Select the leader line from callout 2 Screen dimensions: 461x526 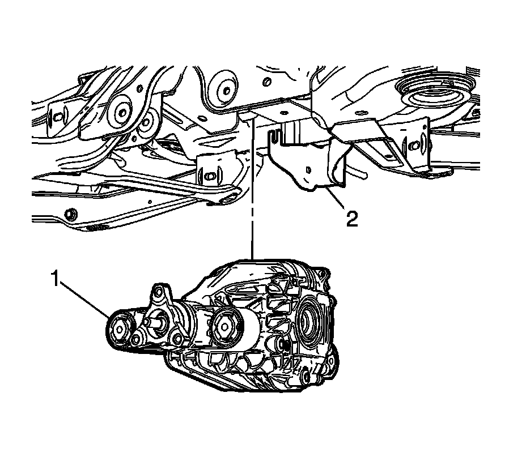336,201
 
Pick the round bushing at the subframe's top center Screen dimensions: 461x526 222,89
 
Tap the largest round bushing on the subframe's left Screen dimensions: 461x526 122,111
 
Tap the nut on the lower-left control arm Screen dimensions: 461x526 70,215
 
